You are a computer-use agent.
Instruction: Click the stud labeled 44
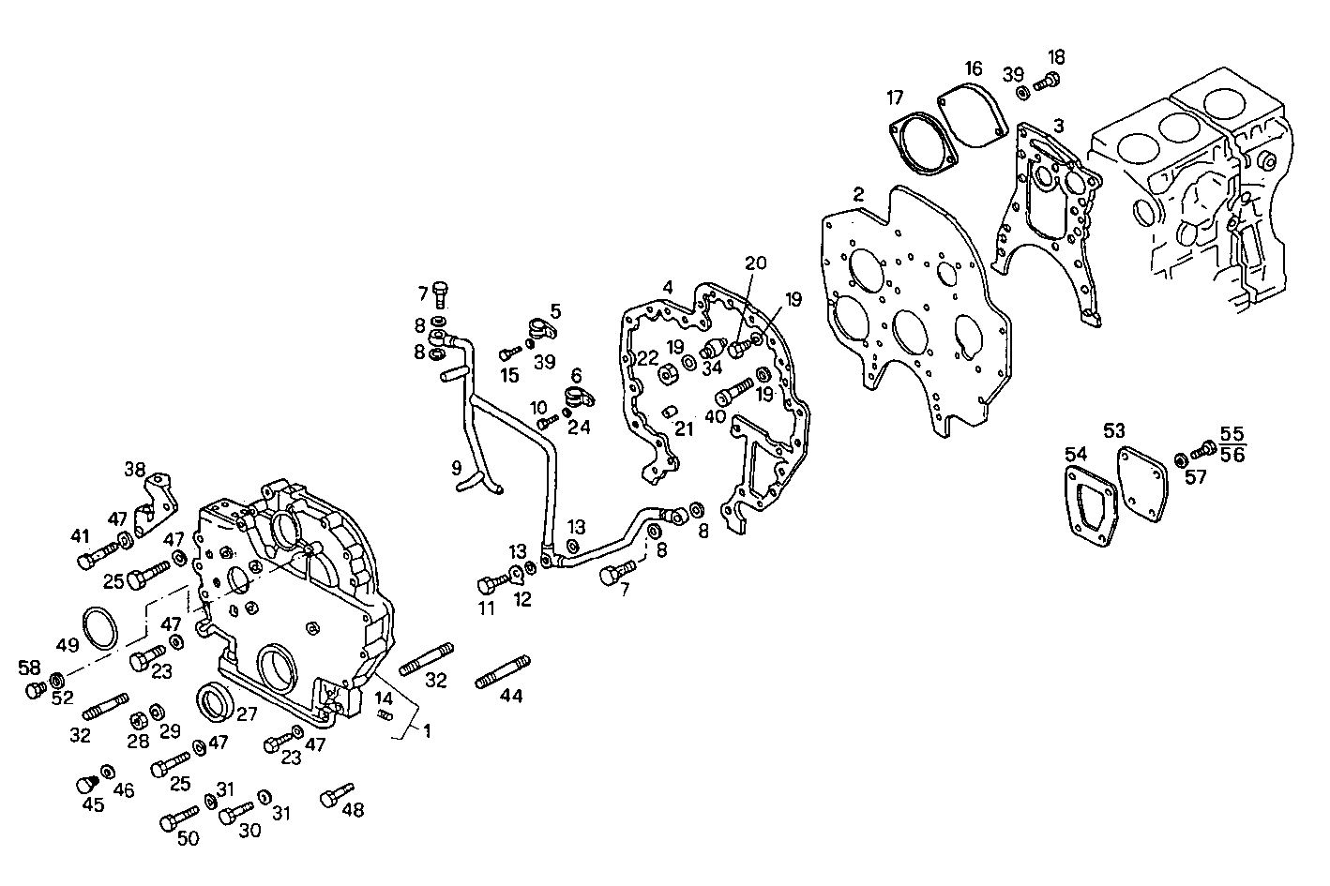click(x=503, y=671)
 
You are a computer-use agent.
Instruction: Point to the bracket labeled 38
click(x=155, y=502)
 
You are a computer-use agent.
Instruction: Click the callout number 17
click(x=895, y=97)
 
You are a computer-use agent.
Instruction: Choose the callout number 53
click(x=1113, y=430)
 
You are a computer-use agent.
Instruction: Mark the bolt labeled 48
click(x=337, y=793)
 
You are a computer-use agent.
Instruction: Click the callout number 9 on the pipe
click(x=457, y=466)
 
